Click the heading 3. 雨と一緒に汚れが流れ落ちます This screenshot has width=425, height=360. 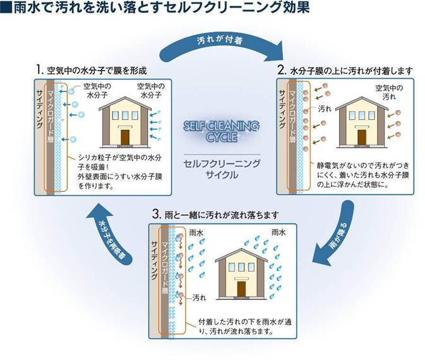click(214, 214)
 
